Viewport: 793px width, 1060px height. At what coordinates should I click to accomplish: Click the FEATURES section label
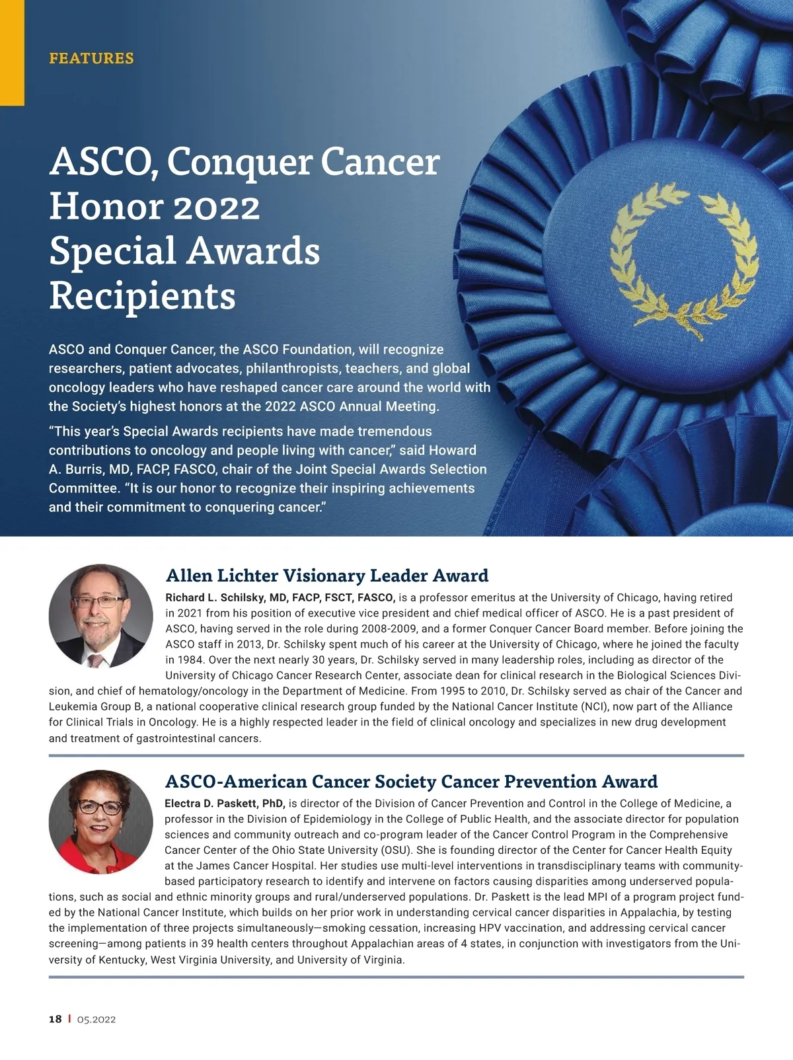point(91,58)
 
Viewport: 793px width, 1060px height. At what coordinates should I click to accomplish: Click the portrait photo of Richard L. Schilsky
point(100,616)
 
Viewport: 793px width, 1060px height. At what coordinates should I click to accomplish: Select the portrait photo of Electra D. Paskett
point(100,821)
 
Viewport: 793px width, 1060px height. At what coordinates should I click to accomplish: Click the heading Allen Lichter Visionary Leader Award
point(327,576)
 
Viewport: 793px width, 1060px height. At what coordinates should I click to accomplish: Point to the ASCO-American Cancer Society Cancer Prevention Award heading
point(411,782)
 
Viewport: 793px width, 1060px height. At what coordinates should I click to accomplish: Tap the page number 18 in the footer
point(55,1019)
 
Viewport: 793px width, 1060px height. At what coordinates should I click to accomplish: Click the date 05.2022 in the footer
point(96,1019)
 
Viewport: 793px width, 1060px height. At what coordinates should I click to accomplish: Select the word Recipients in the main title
point(142,295)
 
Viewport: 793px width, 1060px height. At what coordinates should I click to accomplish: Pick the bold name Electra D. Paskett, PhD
point(225,804)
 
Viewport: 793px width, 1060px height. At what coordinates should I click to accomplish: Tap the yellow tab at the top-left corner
point(12,53)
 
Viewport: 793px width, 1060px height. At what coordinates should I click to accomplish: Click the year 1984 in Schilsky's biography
point(180,660)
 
